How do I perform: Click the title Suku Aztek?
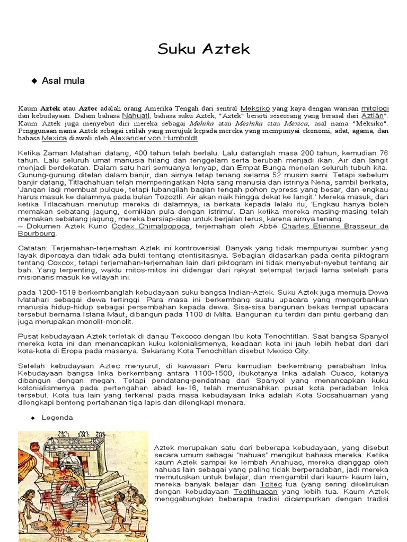(x=203, y=50)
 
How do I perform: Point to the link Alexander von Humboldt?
(x=154, y=138)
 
